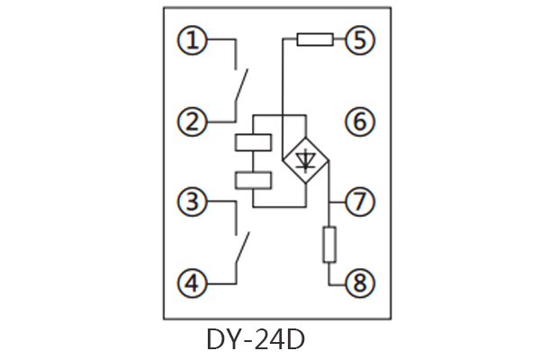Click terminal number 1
192,40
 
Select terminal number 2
192,121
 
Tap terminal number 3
192,202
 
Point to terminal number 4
192,284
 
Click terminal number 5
360,40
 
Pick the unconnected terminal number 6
360,121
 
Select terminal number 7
360,202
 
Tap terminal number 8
360,284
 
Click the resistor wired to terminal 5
315,40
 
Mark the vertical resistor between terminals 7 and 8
329,244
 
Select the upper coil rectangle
253,142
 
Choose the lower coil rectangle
253,179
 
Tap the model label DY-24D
256,340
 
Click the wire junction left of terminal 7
329,202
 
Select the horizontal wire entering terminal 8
338,284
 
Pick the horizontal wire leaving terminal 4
220,284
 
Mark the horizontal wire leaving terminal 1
220,40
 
